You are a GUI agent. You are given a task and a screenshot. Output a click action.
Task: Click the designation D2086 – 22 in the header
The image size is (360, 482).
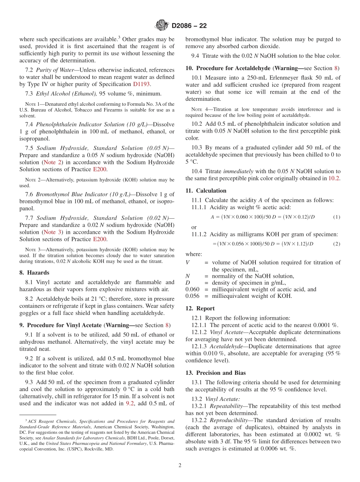189,26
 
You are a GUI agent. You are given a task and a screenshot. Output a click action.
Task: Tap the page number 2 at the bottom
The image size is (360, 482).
180,465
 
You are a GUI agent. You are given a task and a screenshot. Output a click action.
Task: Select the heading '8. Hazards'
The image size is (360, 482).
34,272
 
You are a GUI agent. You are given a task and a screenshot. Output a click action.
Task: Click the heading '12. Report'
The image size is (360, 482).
200,308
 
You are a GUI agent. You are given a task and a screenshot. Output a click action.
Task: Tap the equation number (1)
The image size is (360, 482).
337,217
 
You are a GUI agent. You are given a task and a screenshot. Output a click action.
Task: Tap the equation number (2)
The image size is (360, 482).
337,244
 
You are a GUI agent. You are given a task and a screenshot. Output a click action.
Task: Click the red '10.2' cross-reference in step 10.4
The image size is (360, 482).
334,178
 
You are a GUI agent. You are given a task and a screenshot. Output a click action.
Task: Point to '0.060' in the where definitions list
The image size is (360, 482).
192,290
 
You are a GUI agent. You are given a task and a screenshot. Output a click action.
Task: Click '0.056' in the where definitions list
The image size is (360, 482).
192,296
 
